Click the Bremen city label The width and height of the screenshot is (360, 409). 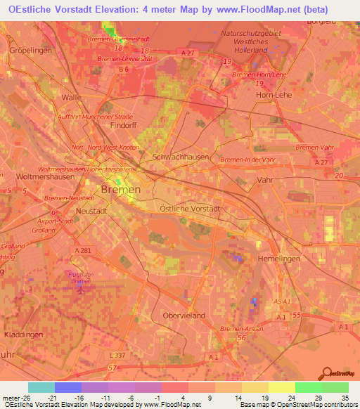point(121,190)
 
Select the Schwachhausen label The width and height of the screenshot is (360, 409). point(181,157)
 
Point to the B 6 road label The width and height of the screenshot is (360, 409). point(124,70)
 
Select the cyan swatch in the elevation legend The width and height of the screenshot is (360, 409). point(41,387)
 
